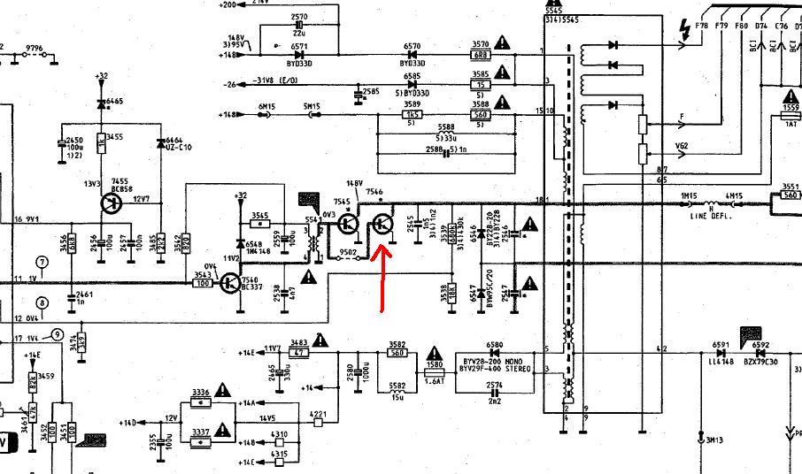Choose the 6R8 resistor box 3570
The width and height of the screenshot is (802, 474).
pyautogui.click(x=480, y=55)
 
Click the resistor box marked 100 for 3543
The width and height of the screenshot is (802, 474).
pyautogui.click(x=203, y=284)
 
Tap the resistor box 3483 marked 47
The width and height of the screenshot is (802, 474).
pyautogui.click(x=299, y=352)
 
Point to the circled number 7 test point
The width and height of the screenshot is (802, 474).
pyautogui.click(x=41, y=262)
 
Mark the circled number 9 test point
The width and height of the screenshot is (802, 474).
pyautogui.click(x=57, y=334)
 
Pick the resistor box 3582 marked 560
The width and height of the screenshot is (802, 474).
pyautogui.click(x=397, y=353)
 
